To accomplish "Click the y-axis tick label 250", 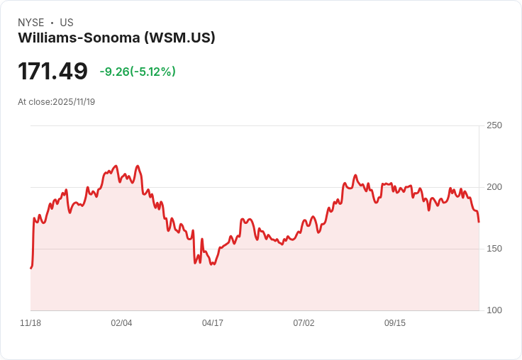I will [x=494, y=125].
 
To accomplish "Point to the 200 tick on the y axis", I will [x=494, y=187].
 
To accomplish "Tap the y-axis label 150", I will [x=494, y=249].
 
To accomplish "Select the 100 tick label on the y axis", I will [x=494, y=310].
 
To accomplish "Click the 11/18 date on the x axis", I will [x=30, y=323].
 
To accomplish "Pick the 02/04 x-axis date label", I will [x=121, y=323].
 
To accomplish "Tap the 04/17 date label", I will [x=213, y=323].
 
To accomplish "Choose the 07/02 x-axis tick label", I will [x=304, y=323].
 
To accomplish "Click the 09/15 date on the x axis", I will [x=395, y=323].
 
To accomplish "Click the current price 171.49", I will [x=52, y=72].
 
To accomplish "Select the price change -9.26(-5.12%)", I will [x=138, y=72].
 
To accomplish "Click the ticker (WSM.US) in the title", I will [x=179, y=38].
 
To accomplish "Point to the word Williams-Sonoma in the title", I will [x=79, y=38].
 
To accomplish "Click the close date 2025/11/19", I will [x=74, y=102].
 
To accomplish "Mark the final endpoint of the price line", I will [x=479, y=222].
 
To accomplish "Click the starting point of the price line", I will [x=30, y=268].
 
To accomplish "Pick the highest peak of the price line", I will [x=116, y=166].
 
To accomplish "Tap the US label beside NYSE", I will [x=67, y=23].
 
